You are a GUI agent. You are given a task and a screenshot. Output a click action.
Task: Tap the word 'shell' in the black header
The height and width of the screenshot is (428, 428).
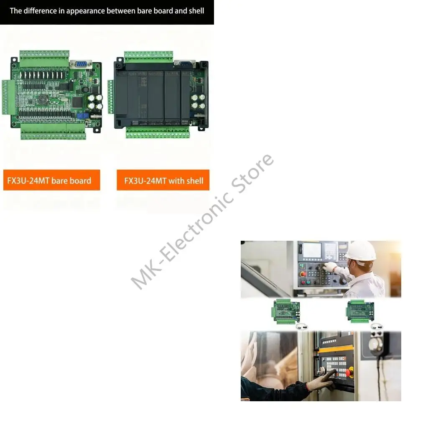[x=196, y=11]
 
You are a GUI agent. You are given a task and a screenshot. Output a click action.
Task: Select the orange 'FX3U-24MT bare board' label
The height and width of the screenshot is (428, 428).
[x=51, y=181]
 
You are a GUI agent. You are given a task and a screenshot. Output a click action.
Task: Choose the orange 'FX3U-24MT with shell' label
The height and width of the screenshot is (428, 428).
[x=163, y=181]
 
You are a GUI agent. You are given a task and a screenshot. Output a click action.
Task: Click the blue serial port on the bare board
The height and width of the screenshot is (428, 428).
[x=81, y=64]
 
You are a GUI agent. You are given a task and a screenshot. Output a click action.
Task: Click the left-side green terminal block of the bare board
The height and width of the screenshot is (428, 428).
[x=7, y=97]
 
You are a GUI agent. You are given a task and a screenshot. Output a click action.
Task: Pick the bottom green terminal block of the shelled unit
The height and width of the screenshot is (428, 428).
[x=158, y=132]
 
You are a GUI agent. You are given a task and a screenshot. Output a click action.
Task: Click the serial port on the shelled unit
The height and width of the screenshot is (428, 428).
[x=184, y=64]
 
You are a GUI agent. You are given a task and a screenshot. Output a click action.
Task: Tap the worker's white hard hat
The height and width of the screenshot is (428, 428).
[x=361, y=252]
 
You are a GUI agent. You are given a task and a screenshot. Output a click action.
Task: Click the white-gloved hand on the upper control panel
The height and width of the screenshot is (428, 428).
[x=330, y=267]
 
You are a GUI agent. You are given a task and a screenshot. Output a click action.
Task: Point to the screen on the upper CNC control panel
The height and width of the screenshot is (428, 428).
[x=312, y=250]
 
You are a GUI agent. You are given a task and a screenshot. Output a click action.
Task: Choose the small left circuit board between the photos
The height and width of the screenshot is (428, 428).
[x=286, y=311]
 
